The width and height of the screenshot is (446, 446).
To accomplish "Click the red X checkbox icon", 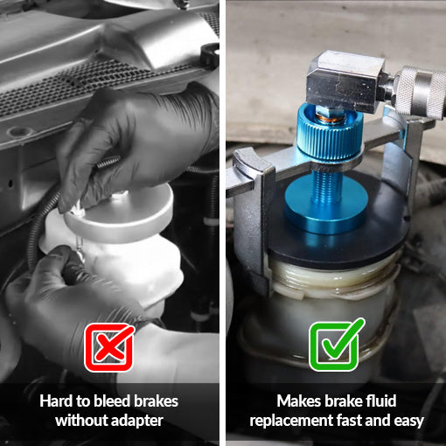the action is tap(109, 347).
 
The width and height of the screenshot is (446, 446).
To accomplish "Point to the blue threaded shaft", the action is tap(326, 185).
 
